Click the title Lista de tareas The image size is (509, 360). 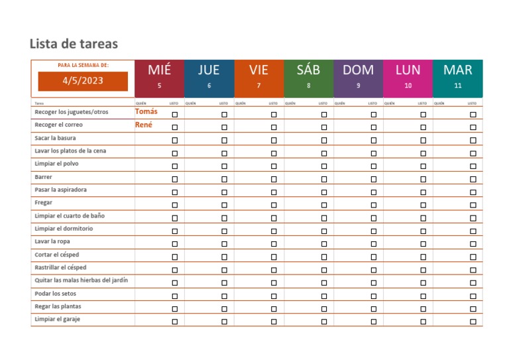(74, 44)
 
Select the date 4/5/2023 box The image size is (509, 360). (83, 81)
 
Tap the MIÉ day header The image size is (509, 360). (159, 70)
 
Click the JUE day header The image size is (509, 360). (209, 70)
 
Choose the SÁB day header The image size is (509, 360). (308, 70)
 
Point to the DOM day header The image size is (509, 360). (358, 70)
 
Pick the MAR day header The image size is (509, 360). (458, 70)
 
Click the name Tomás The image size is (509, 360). (146, 111)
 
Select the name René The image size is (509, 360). (144, 124)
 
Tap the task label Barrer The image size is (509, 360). (43, 177)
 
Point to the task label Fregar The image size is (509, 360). (43, 203)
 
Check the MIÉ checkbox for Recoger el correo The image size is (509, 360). (175, 127)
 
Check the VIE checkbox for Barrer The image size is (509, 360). (274, 179)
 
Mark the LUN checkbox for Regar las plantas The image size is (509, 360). (423, 308)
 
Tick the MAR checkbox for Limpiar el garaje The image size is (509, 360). (473, 322)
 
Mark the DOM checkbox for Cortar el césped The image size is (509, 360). (373, 257)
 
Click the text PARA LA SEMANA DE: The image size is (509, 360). (83, 65)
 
